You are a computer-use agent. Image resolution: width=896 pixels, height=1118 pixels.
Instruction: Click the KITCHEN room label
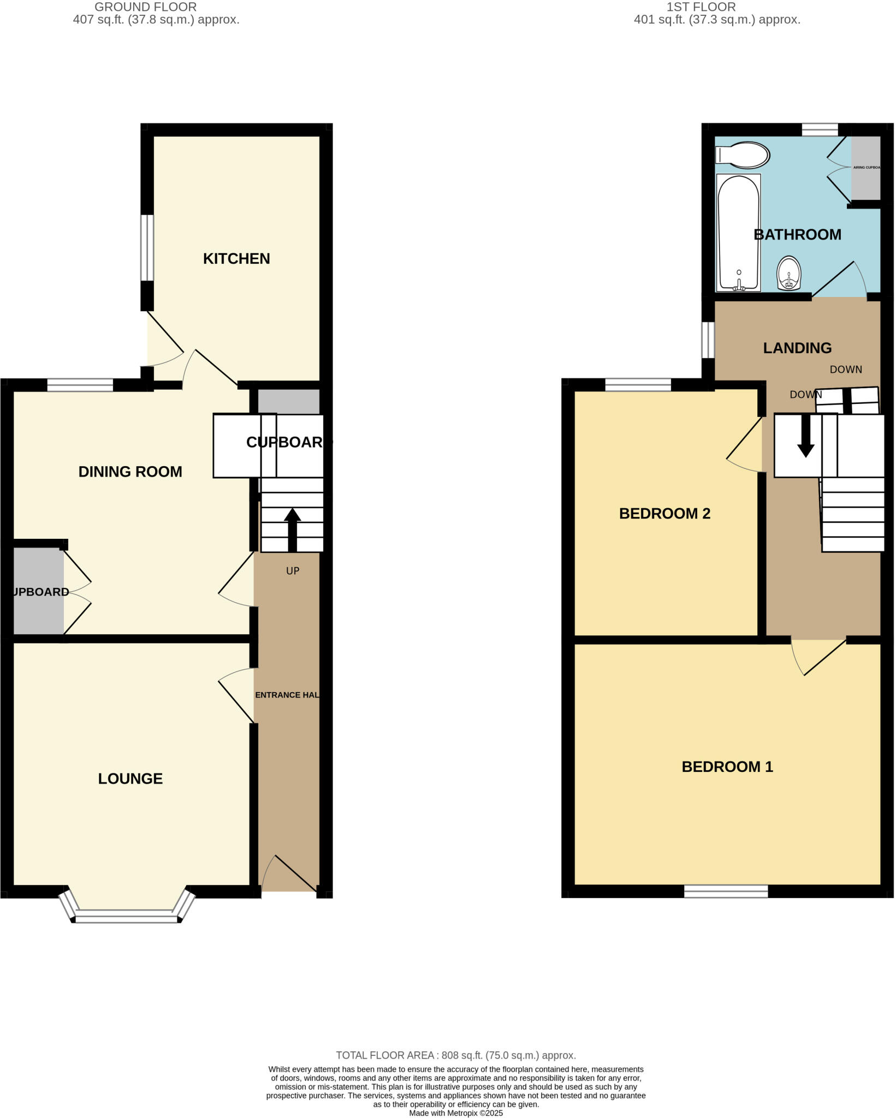(x=236, y=259)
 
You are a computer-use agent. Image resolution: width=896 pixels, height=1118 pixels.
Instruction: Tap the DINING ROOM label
(x=130, y=472)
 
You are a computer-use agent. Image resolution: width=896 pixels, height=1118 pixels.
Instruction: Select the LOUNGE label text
(x=130, y=778)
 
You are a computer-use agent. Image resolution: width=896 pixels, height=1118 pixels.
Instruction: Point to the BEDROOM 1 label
(x=727, y=767)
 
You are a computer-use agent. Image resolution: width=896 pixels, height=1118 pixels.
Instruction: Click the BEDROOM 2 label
(x=664, y=514)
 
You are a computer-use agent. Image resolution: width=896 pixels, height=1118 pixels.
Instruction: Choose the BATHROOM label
(x=797, y=235)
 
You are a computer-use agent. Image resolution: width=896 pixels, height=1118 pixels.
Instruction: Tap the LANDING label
(x=797, y=348)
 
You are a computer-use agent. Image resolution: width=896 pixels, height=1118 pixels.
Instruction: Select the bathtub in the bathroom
(x=738, y=232)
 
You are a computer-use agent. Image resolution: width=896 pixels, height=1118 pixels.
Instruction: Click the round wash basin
(x=788, y=273)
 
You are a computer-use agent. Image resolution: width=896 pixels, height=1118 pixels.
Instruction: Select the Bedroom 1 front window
(x=726, y=891)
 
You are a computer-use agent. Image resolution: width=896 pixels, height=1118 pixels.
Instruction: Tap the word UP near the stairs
(x=293, y=571)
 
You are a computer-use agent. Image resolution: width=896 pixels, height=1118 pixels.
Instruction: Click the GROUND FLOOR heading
(x=145, y=7)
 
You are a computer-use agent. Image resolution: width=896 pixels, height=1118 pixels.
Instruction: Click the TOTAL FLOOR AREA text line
(x=455, y=1055)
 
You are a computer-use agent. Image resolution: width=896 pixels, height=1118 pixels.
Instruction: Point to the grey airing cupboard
(x=866, y=168)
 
